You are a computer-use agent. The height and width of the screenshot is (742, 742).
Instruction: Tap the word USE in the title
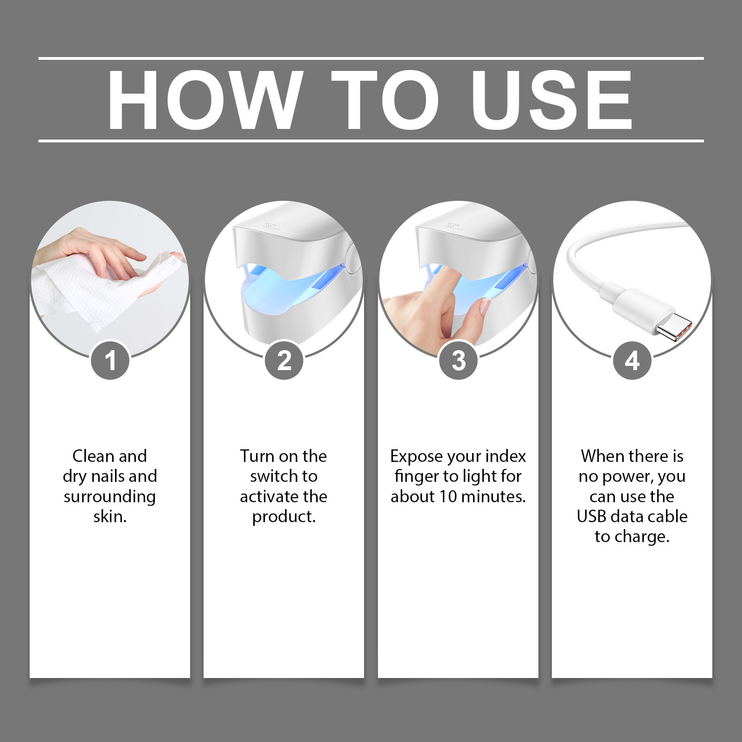552,100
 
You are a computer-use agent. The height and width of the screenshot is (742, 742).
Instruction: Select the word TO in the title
385,100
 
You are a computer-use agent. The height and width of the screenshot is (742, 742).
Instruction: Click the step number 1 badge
110,360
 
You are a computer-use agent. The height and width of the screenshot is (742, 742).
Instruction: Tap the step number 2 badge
284,360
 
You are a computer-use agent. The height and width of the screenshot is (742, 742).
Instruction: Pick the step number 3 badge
458,360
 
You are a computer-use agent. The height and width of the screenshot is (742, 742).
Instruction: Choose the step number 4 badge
632,360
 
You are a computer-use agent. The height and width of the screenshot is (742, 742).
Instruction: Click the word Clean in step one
95,456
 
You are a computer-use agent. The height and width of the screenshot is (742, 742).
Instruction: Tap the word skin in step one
110,517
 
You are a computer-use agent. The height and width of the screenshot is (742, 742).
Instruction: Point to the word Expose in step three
416,457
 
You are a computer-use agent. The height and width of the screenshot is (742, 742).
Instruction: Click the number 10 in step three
448,497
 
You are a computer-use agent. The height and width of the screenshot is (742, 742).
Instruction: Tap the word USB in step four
591,517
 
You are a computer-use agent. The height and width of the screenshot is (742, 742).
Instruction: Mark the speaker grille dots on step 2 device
269,225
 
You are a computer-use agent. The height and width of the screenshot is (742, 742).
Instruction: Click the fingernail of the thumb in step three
485,307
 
